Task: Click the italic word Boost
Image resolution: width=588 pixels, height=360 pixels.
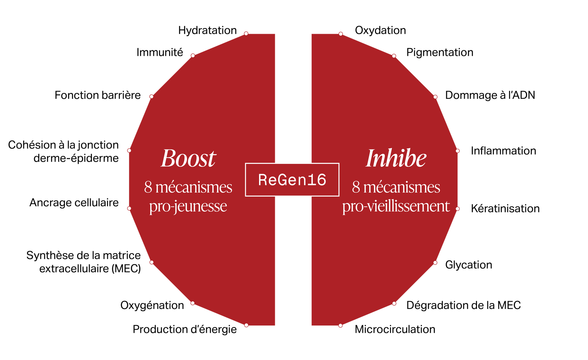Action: coord(189,159)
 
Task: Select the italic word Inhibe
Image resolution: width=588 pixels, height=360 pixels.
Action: coord(396,159)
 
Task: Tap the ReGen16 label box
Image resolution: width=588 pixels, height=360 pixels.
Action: coord(292,180)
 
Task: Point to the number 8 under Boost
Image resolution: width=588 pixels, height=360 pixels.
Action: coord(148,187)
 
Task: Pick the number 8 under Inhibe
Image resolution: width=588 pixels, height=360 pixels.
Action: coord(356,187)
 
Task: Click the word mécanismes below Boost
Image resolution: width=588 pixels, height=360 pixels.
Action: coord(194,187)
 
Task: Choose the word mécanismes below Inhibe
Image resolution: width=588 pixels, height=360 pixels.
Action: coord(402,187)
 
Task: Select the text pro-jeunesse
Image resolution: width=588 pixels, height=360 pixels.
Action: coord(188,206)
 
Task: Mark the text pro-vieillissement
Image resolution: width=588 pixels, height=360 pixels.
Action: coord(396,206)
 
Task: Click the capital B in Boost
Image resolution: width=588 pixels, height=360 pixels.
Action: coord(168,159)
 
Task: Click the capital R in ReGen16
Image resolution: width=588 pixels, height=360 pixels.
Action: coord(262,180)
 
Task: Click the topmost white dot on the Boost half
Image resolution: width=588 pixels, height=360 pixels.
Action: coord(246,33)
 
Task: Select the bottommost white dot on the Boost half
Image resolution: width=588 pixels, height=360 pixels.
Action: coord(246,325)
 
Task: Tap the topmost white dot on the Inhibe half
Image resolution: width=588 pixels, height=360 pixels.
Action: coord(341,34)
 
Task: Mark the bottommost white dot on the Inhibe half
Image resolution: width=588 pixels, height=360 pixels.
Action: coord(341,325)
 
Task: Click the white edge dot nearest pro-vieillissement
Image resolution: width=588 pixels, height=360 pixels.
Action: coord(458,209)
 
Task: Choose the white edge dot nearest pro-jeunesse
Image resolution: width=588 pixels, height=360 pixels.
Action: coord(129,209)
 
